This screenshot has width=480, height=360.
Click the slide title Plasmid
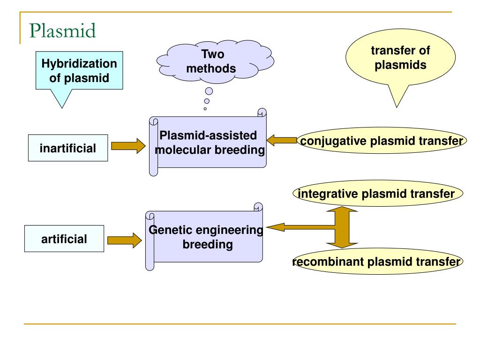tap(62, 30)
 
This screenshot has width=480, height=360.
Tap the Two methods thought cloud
tap(215, 61)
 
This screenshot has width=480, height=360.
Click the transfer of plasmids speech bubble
tap(400, 58)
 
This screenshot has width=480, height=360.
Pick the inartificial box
tap(68, 148)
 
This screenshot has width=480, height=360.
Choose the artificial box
tap(64, 239)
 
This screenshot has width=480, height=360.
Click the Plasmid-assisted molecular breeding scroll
tap(208, 142)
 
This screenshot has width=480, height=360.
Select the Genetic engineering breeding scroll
tap(204, 237)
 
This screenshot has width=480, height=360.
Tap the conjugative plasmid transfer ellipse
tap(382, 141)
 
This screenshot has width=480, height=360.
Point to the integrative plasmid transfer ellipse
tap(378, 193)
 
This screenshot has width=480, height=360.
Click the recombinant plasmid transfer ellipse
tap(378, 262)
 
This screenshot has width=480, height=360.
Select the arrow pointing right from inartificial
tap(128, 146)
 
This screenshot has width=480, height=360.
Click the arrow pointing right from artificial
tap(125, 240)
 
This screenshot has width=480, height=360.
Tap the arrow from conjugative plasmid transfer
tap(282, 141)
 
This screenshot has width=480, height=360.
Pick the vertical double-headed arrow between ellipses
tap(342, 227)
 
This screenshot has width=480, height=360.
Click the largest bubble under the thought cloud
tap(209, 91)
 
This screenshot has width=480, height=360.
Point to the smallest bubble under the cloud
tap(205, 109)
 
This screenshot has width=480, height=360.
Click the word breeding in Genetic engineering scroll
tap(208, 245)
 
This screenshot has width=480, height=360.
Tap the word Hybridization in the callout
tap(79, 64)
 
